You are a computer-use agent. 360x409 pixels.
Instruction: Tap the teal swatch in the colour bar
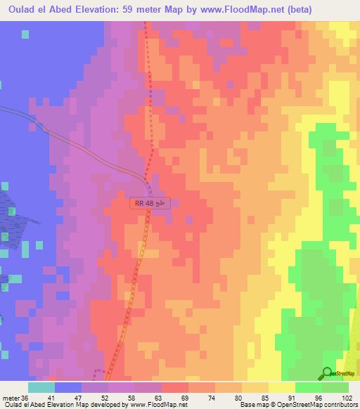click(41, 388)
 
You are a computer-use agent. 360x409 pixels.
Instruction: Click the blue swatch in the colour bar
click(68, 388)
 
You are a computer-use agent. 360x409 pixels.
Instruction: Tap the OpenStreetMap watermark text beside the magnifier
click(346, 372)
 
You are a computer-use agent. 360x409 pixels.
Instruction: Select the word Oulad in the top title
click(18, 9)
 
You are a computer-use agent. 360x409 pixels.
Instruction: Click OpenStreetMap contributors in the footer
click(316, 404)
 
